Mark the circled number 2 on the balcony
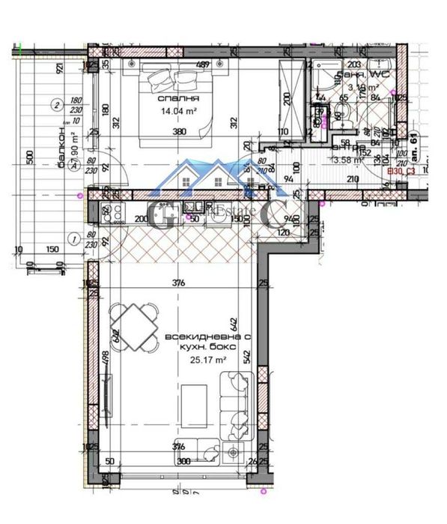click(55, 104)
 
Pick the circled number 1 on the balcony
click(73, 239)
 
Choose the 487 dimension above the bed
click(201, 65)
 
